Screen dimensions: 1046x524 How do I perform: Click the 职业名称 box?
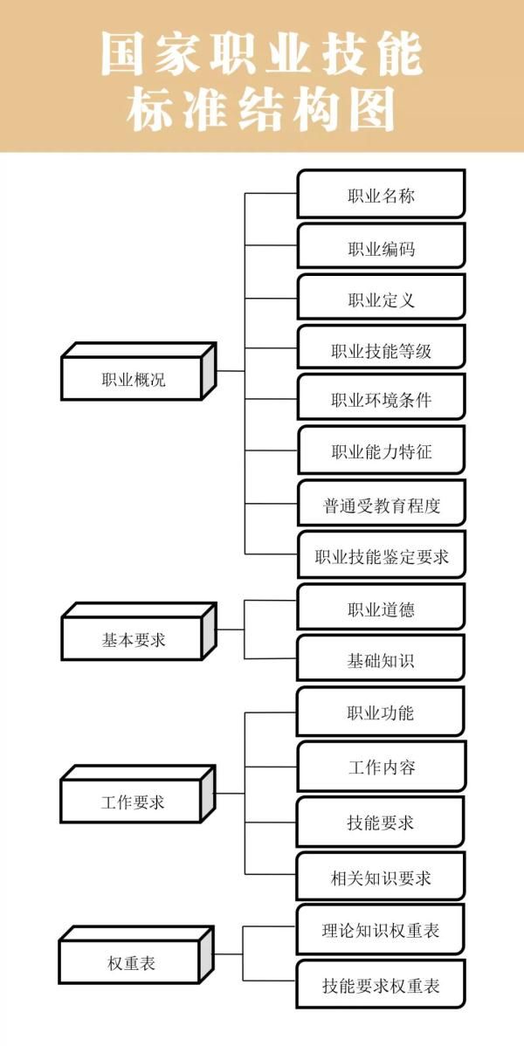381,195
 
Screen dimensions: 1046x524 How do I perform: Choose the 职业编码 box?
381,248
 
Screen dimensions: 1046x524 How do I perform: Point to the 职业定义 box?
381,299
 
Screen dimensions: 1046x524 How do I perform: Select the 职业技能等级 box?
381,351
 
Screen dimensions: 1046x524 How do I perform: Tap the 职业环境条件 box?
381,400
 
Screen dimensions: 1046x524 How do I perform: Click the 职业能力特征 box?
381,451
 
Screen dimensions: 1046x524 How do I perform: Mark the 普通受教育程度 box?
381,505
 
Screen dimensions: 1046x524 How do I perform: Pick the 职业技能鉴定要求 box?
381,556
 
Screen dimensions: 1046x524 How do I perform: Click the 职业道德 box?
381,609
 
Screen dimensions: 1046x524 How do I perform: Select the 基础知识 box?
381,660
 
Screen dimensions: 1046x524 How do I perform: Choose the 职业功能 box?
381,712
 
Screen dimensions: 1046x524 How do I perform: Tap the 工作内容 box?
381,767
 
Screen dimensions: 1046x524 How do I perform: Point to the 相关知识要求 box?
381,877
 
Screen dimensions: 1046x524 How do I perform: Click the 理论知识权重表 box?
381,931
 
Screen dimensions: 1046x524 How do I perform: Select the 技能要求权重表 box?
381,986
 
